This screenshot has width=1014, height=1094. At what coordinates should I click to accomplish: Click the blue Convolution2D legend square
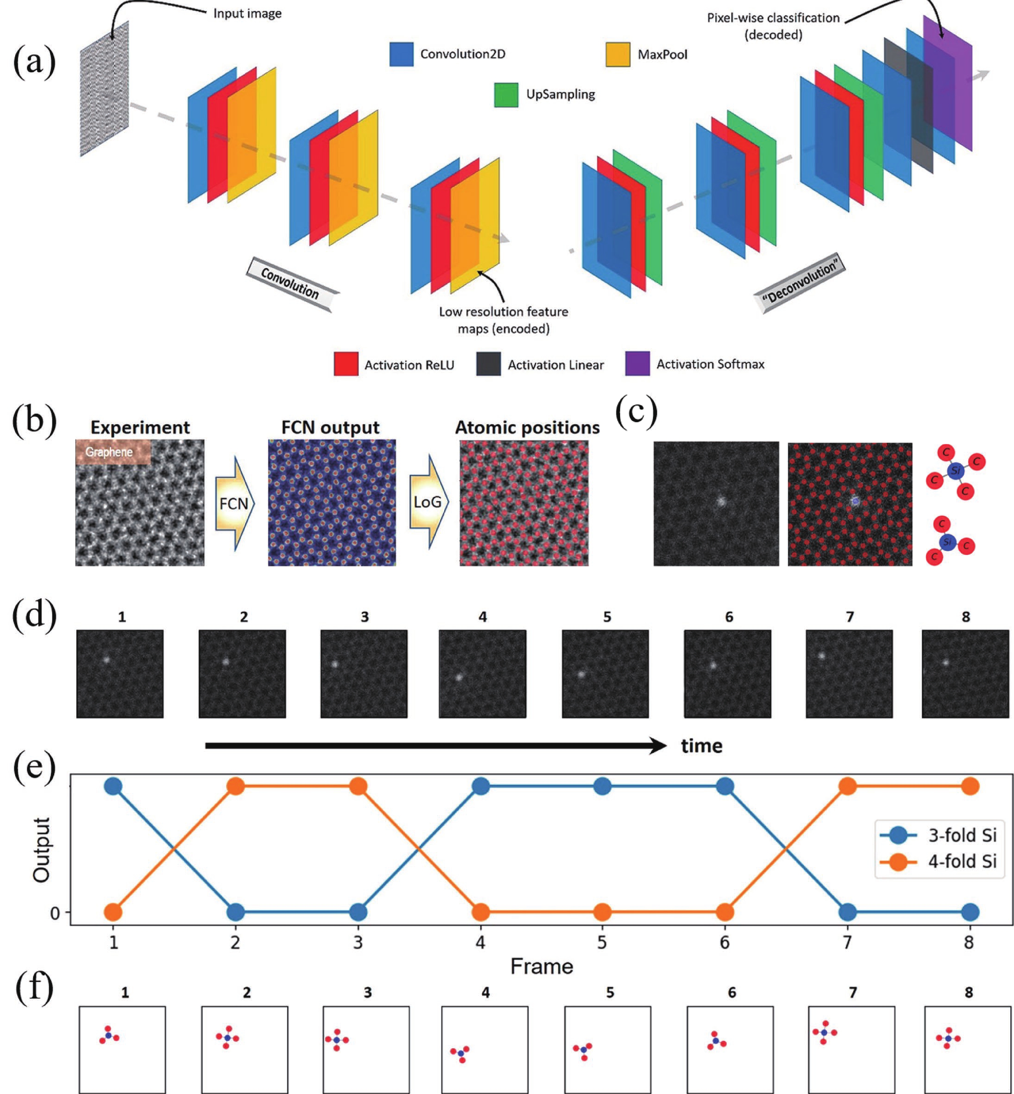tap(401, 54)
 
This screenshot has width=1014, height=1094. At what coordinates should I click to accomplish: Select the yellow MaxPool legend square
tap(617, 54)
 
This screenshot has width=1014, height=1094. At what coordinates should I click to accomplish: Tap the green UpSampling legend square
tap(506, 94)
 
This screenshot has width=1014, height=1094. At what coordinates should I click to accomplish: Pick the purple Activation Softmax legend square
tap(637, 364)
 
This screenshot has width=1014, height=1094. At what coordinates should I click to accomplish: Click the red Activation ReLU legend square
tap(346, 364)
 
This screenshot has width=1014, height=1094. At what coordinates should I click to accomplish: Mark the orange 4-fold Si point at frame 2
tap(235, 786)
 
